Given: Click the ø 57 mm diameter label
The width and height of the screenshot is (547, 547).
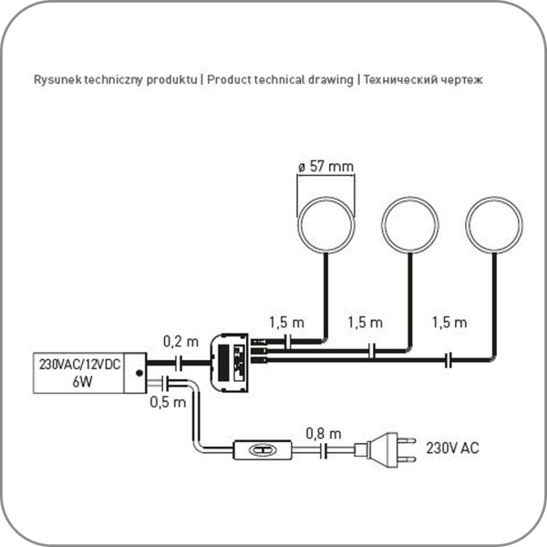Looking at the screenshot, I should click(325, 166).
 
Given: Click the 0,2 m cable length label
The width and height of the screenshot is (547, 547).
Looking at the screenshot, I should click(180, 342).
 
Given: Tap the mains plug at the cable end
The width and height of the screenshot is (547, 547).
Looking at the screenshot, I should click(388, 449).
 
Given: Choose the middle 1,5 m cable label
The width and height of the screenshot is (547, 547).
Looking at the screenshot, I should click(366, 322).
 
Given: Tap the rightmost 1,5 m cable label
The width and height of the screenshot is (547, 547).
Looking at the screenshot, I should click(448, 322).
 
